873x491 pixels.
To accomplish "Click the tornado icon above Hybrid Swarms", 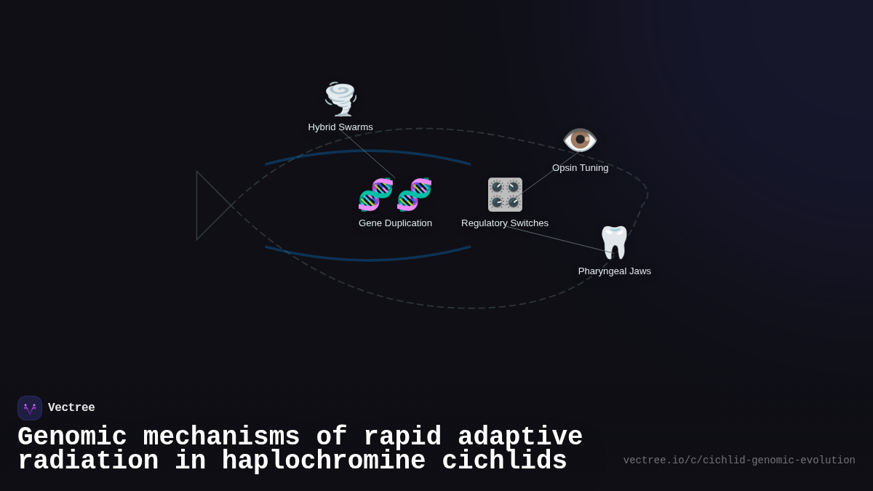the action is [340, 99].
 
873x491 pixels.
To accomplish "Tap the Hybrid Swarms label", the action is [340, 127].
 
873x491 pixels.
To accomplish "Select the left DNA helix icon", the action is [376, 194].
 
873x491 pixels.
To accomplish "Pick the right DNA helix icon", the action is [415, 194].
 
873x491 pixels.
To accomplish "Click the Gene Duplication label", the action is [395, 223].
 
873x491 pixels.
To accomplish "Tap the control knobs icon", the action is [505, 194].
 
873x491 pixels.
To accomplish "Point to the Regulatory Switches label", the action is [505, 223].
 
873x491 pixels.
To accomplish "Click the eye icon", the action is [580, 140].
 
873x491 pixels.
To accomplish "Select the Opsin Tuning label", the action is [580, 168].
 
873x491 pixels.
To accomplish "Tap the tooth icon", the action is [614, 242].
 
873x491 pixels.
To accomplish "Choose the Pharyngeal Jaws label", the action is [615, 271].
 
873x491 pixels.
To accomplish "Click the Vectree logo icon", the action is [30, 408].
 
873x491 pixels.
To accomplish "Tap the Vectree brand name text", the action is [71, 408].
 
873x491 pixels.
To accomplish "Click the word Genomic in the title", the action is [72, 437].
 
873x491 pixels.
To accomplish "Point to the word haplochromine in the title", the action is [324, 461].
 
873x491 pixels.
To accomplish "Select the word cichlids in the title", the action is [504, 461].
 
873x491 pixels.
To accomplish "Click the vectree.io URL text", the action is [739, 460].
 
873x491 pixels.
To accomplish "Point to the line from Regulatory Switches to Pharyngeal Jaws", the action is [560, 239].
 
